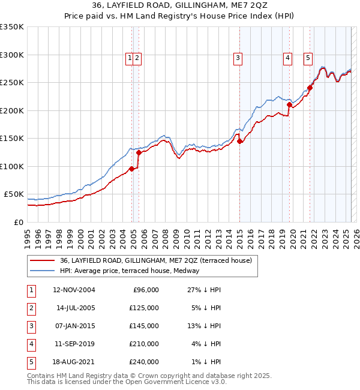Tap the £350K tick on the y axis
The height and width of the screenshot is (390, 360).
pyautogui.click(x=12, y=27)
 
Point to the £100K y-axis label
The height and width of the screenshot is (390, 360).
pyautogui.click(x=12, y=166)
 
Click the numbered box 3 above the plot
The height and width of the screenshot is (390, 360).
pyautogui.click(x=238, y=58)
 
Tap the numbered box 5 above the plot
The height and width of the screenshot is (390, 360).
pyautogui.click(x=308, y=58)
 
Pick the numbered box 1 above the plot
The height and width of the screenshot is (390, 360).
pyautogui.click(x=130, y=58)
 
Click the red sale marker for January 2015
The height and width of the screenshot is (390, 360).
pyautogui.click(x=239, y=142)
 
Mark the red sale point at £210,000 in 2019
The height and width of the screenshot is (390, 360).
pyautogui.click(x=289, y=105)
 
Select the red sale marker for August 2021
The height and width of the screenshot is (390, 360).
pyautogui.click(x=310, y=88)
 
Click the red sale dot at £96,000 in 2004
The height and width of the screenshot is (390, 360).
pyautogui.click(x=132, y=169)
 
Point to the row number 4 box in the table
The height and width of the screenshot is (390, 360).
pyautogui.click(x=30, y=344)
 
